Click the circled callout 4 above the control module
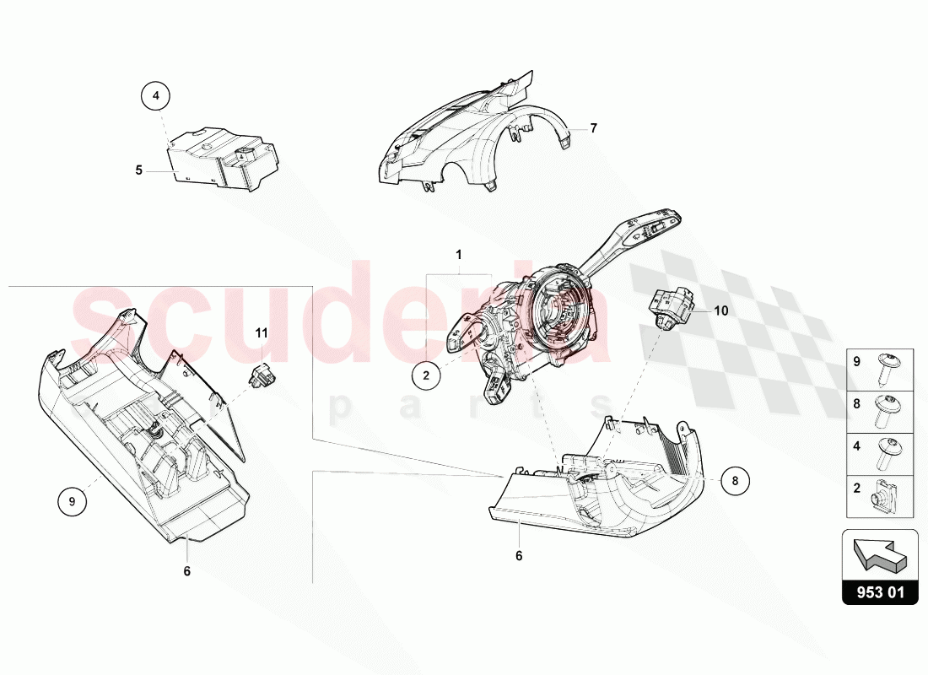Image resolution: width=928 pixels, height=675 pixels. point(155,97)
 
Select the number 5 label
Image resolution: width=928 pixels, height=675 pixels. point(139,170)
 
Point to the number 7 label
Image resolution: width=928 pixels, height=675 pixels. point(593,128)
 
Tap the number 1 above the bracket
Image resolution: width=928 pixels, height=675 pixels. point(459,254)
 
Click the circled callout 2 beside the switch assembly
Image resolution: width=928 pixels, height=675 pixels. point(427,376)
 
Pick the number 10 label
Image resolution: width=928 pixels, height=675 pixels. point(720,310)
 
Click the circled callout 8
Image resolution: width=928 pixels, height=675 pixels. point(735,480)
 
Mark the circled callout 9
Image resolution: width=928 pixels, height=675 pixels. point(73,502)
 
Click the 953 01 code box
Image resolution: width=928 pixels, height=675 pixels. point(880,593)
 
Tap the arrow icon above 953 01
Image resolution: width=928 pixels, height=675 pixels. point(880,553)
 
